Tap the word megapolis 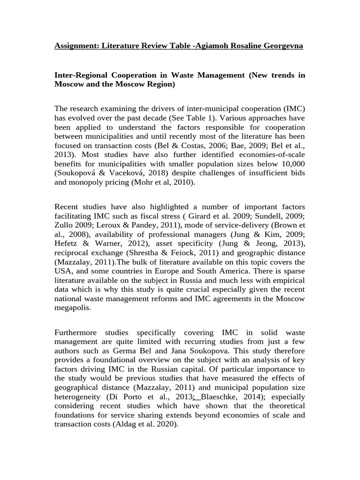[x=72, y=307]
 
